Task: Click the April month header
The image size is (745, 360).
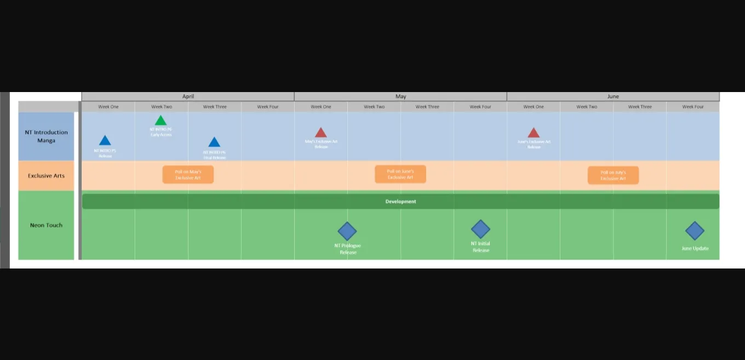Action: [x=188, y=96]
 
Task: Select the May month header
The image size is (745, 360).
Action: [x=400, y=96]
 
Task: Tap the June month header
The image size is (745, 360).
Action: [x=613, y=96]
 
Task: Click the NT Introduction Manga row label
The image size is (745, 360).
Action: [x=47, y=136]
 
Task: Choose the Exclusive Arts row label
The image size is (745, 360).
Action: [x=47, y=176]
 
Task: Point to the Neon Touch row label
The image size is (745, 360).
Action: [x=47, y=225]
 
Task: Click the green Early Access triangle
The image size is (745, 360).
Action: [x=161, y=121]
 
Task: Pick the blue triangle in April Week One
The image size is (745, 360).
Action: [x=105, y=141]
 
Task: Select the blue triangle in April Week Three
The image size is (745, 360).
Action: [x=214, y=142]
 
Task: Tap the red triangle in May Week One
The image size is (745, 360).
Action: [x=321, y=133]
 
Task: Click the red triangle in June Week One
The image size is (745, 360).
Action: [x=534, y=133]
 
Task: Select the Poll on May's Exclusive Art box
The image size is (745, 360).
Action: [x=188, y=175]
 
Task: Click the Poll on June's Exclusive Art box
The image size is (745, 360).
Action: [x=400, y=174]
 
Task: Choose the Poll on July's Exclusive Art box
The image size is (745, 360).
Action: [x=613, y=175]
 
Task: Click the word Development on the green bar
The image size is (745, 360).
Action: [x=400, y=202]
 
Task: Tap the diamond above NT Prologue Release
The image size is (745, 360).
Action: [x=347, y=231]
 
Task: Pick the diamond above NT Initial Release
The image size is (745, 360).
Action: [x=480, y=229]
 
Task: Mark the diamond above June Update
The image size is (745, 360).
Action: [x=695, y=231]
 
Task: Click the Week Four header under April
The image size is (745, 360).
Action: [x=268, y=107]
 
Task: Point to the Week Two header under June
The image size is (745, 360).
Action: [x=587, y=107]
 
